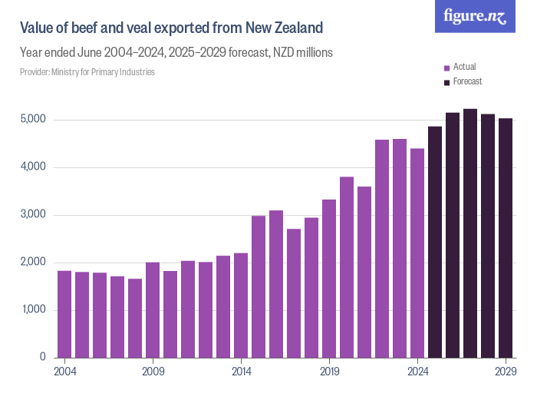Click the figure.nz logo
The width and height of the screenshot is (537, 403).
click(475, 16)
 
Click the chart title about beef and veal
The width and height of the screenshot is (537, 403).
click(171, 28)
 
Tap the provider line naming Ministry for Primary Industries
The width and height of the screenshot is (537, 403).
click(87, 72)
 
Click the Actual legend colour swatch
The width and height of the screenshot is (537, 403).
click(447, 68)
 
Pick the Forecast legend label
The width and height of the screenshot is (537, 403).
click(467, 81)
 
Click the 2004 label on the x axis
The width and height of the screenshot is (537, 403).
click(64, 370)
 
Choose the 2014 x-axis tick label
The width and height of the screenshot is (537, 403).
click(241, 370)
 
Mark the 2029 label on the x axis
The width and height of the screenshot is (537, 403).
click(506, 370)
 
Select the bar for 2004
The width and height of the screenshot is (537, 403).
click(64, 314)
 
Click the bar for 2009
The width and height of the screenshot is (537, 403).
click(153, 310)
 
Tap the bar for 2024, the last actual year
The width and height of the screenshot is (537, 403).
click(417, 253)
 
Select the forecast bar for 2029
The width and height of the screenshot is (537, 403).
click(506, 238)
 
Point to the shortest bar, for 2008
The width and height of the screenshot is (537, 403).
click(135, 318)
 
